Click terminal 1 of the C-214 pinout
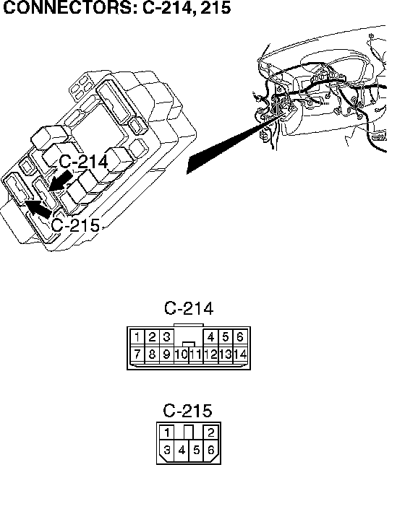[137, 336]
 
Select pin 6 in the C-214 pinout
[239, 336]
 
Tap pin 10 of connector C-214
[181, 354]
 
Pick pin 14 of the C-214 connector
[240, 354]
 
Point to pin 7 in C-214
[137, 354]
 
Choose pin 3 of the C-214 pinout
[166, 336]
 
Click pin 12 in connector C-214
[210, 354]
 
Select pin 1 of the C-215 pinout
[167, 432]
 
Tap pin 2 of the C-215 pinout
[211, 432]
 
